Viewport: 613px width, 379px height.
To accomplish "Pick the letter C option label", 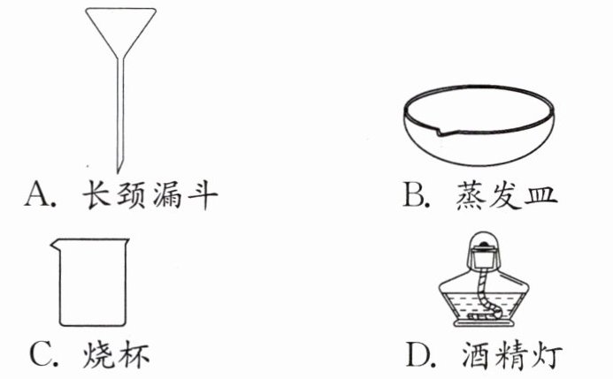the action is [41, 355].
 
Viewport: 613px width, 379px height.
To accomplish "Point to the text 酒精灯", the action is [510, 355].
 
